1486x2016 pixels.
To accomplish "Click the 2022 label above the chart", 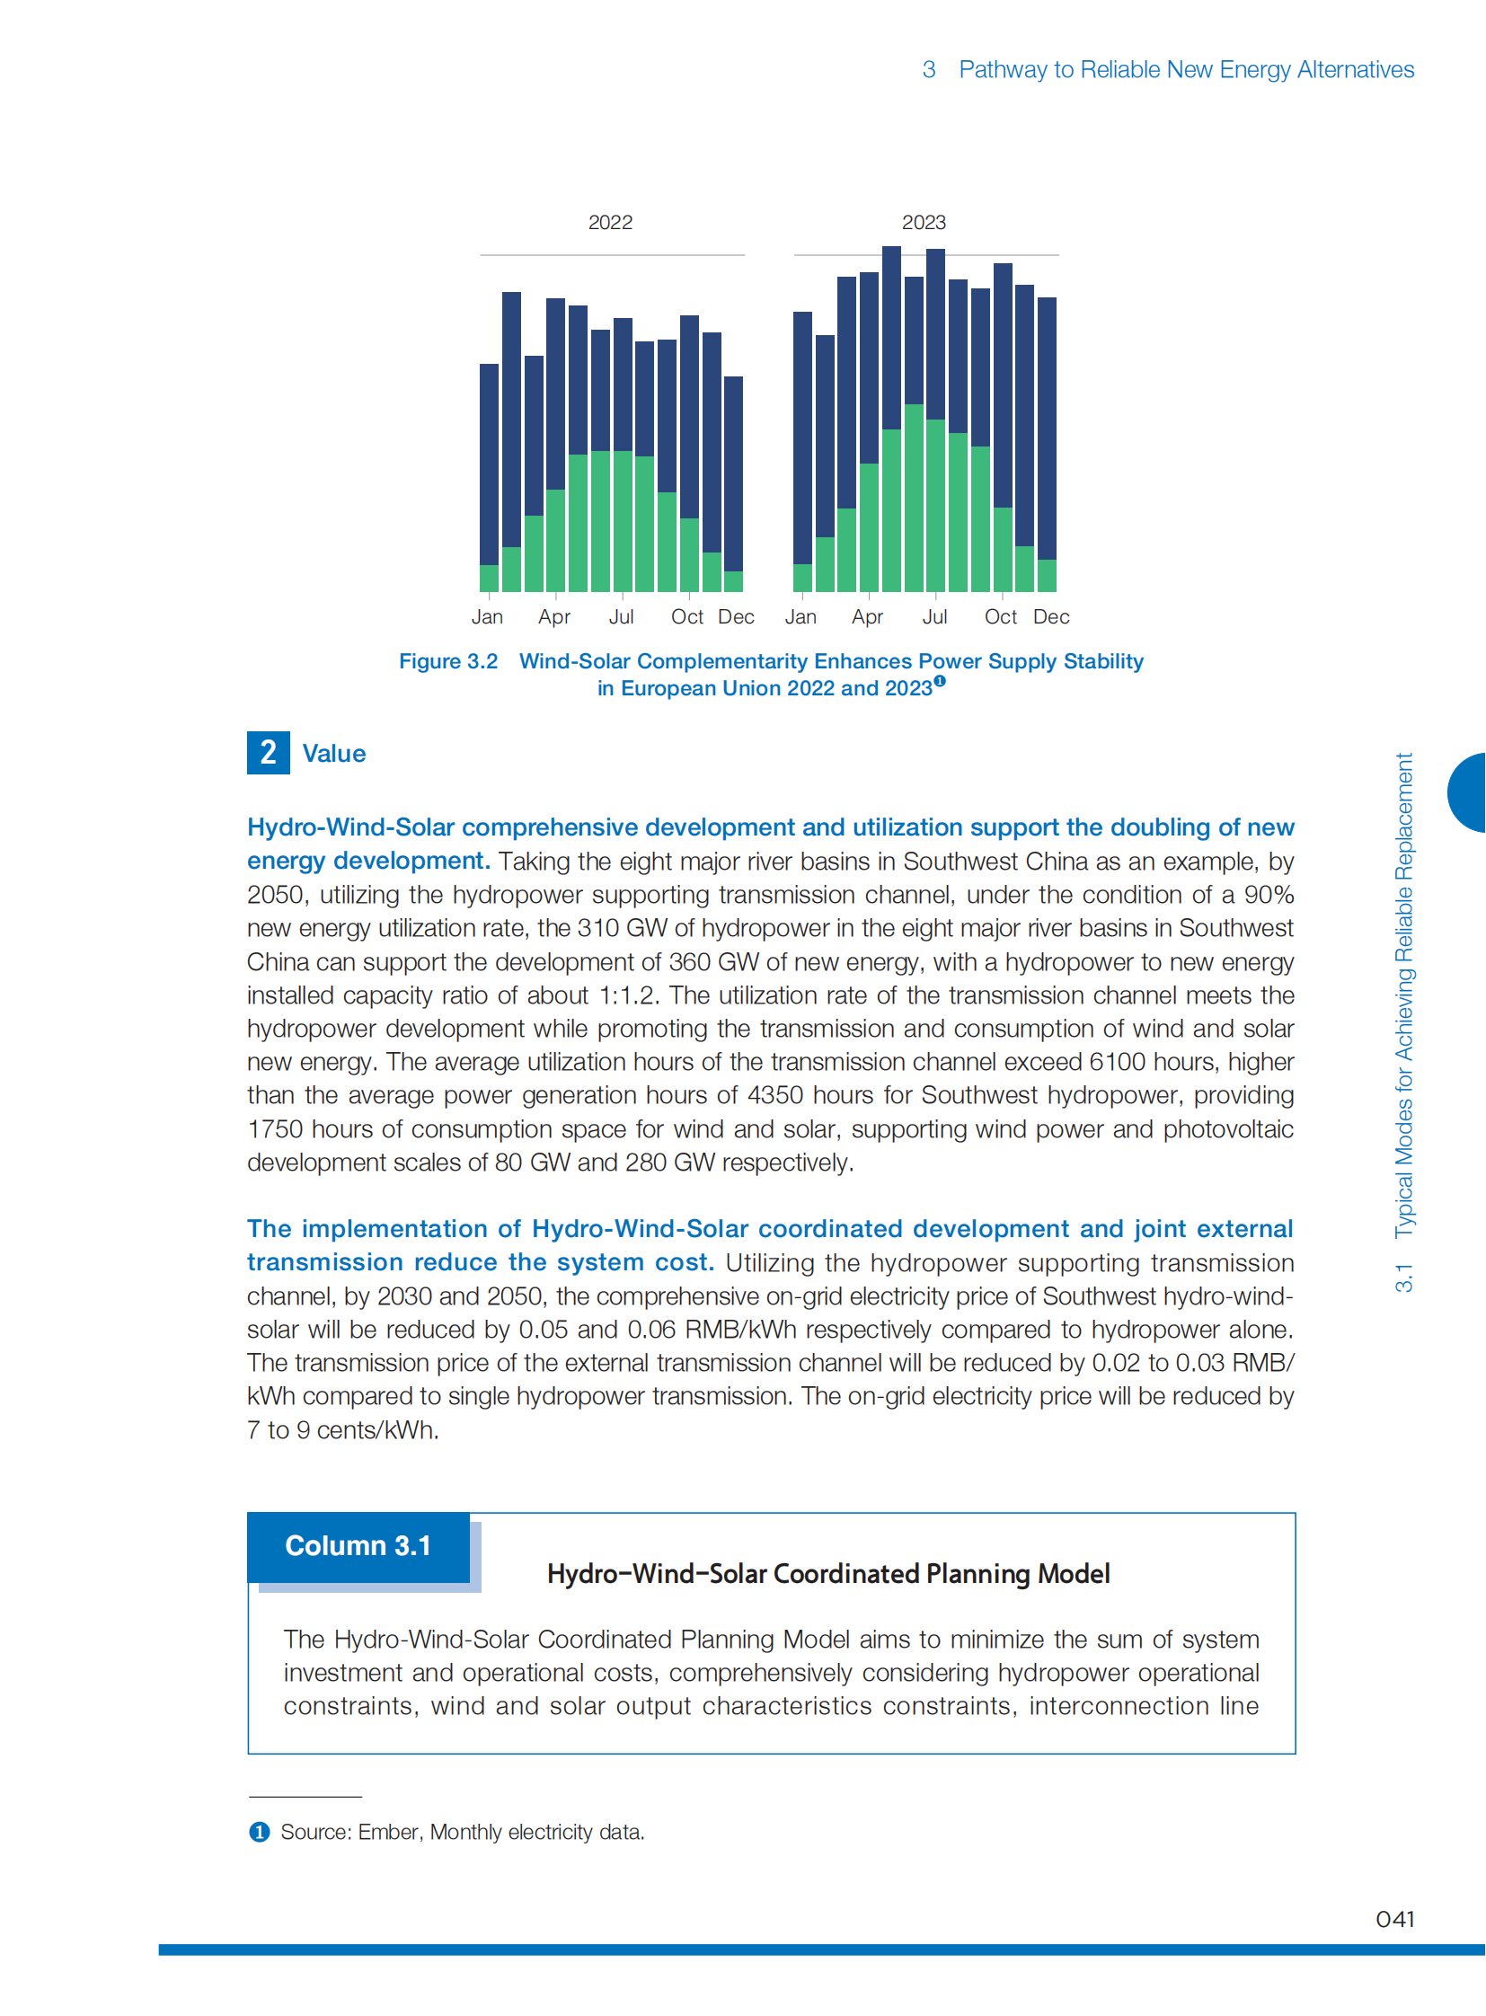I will click(610, 222).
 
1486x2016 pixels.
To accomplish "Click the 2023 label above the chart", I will click(924, 222).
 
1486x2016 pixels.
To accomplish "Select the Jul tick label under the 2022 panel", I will click(621, 617).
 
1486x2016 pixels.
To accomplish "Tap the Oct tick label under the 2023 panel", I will click(1000, 617).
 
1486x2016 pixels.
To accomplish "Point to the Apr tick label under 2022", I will click(554, 617).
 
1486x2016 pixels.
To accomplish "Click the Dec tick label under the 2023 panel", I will click(1050, 617).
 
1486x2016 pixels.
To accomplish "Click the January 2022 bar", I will click(490, 477).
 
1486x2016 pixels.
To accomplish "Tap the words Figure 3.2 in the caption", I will click(448, 661).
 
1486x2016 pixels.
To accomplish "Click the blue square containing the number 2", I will click(268, 753).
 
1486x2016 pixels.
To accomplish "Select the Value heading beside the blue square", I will click(333, 754).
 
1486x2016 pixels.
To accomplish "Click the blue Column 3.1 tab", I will click(358, 1546).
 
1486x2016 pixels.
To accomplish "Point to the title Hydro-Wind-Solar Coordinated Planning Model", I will click(827, 1573).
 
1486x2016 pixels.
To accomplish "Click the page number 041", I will click(1394, 1919).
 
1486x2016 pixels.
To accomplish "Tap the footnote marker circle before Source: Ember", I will click(259, 1833).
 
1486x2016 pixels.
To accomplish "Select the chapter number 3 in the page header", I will click(928, 69).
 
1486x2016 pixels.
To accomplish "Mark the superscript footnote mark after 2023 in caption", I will click(939, 681).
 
